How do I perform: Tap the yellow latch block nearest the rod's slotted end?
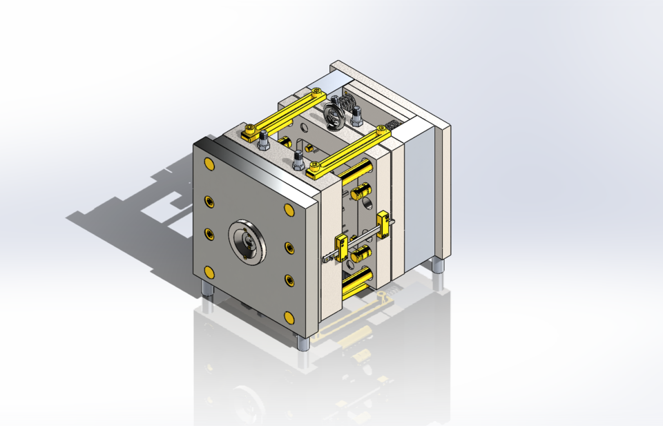pos(340,244)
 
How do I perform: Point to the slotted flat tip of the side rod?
pos(327,259)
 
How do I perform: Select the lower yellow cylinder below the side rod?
pos(361,255)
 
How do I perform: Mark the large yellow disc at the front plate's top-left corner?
pos(209,164)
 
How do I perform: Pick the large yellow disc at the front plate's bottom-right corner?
pos(288,317)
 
